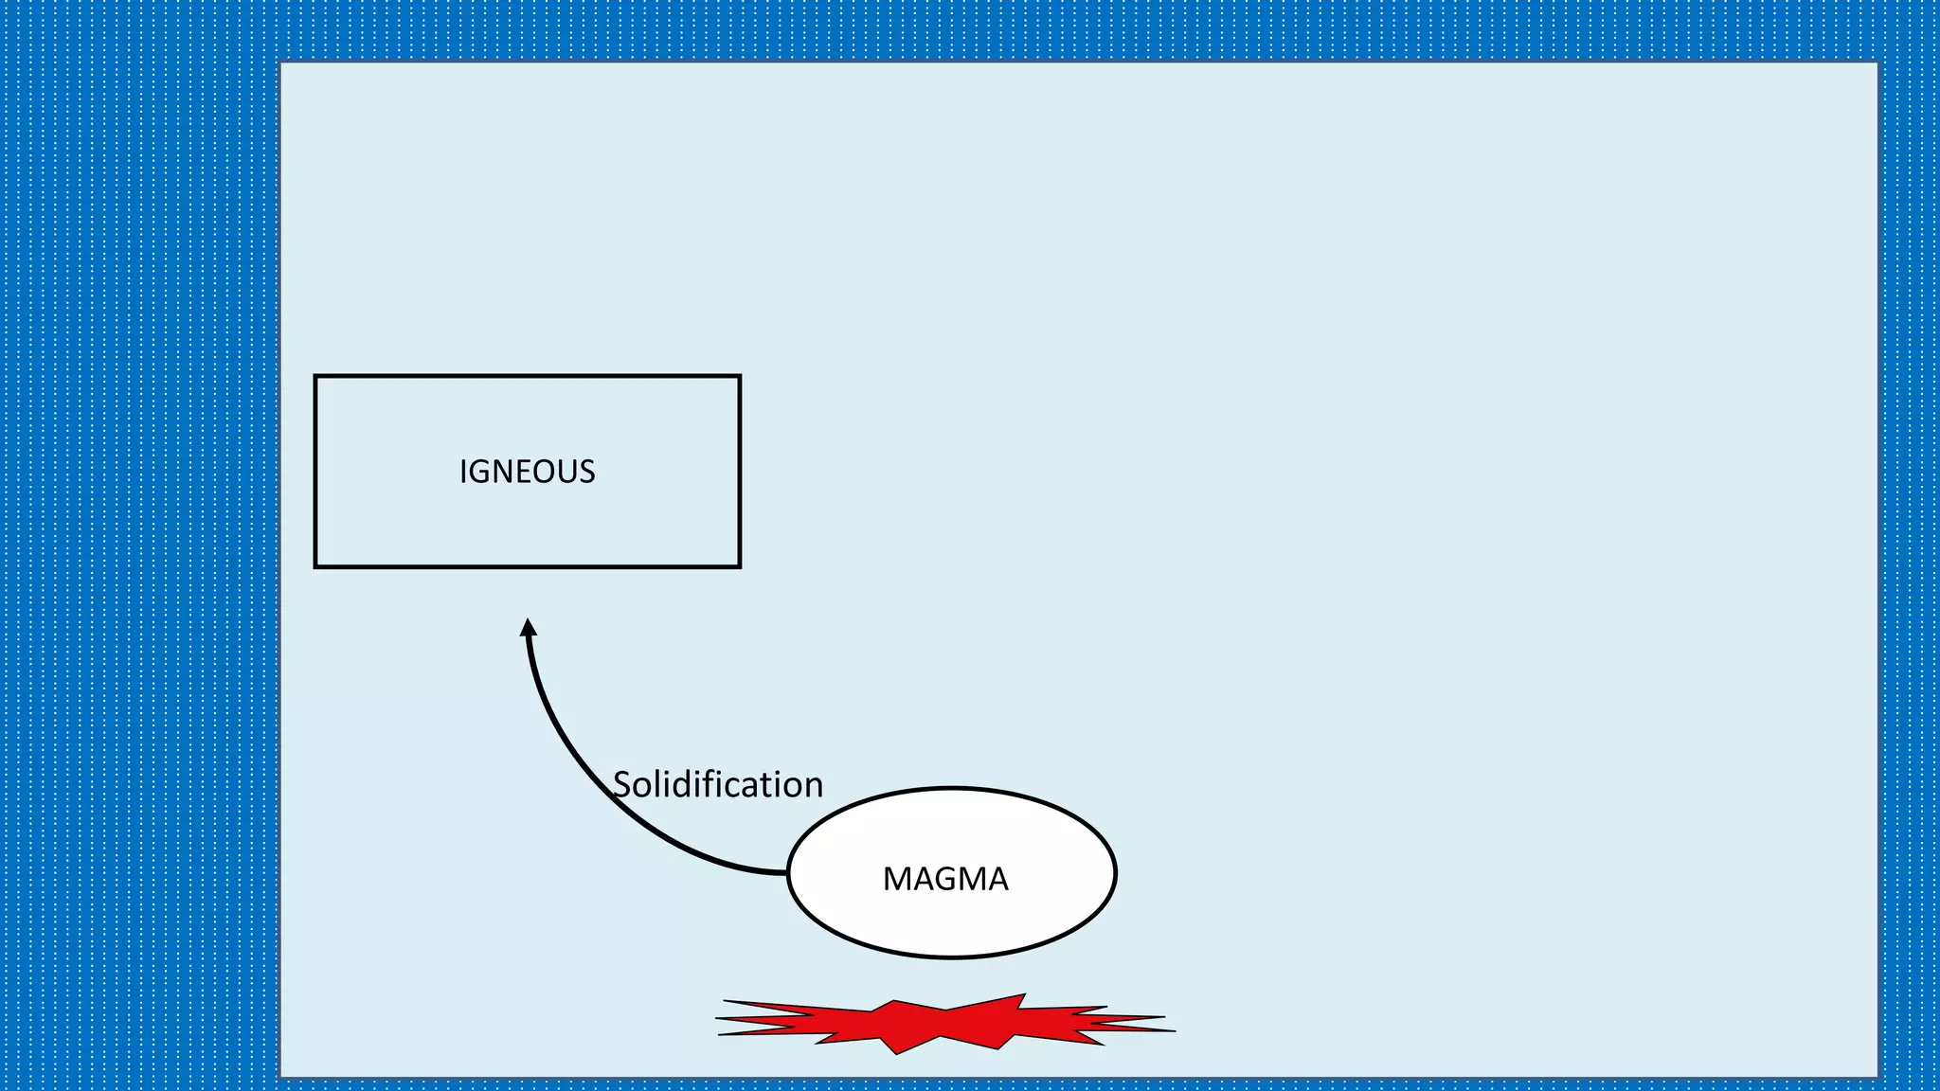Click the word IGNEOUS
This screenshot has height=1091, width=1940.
pyautogui.click(x=527, y=472)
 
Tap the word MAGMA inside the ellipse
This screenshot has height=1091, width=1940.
pyautogui.click(x=945, y=879)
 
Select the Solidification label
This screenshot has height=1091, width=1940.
pyautogui.click(x=718, y=784)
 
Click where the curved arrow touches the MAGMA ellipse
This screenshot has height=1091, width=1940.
pyautogui.click(x=787, y=872)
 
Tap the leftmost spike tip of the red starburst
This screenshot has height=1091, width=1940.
pyautogui.click(x=716, y=1019)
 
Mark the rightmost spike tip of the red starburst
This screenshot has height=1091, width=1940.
pyautogui.click(x=1175, y=1030)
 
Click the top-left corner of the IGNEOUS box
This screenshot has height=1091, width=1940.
pyautogui.click(x=315, y=377)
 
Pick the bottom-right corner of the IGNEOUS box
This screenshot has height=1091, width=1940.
pyautogui.click(x=739, y=566)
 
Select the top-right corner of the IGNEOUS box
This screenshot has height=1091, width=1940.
pyautogui.click(x=739, y=377)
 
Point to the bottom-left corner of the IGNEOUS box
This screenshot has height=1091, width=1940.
pyautogui.click(x=315, y=566)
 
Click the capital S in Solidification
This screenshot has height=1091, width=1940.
pyautogui.click(x=622, y=785)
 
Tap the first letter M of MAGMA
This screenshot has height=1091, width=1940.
pyautogui.click(x=896, y=879)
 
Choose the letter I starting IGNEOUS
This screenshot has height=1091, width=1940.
pyautogui.click(x=462, y=472)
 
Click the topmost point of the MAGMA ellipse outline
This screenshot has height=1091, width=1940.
pyautogui.click(x=951, y=788)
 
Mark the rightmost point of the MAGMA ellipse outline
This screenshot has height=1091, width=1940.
pyautogui.click(x=1115, y=872)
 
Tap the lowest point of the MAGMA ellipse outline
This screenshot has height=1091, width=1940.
pyautogui.click(x=951, y=957)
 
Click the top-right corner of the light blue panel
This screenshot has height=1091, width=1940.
pyautogui.click(x=1877, y=63)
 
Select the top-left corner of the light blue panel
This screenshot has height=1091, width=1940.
pyautogui.click(x=281, y=63)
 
